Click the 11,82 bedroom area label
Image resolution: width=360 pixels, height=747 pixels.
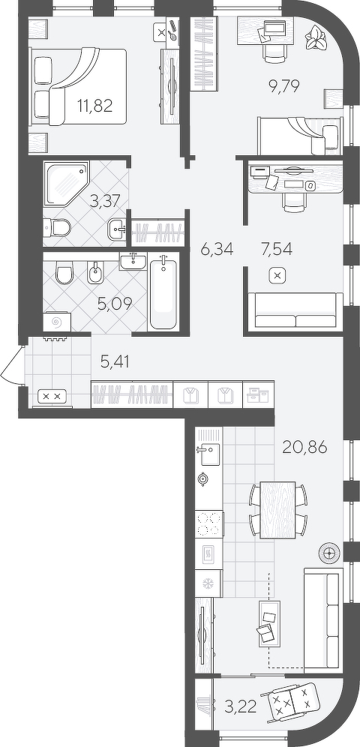94,105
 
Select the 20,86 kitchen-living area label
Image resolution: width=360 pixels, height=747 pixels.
304,447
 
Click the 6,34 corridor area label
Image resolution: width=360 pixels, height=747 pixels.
217,249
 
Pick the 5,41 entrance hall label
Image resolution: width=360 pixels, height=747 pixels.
115,361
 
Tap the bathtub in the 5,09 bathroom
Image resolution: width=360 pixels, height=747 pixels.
163,292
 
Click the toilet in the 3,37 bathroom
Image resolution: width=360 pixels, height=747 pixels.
58,227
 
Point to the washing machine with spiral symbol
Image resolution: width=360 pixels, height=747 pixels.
57,322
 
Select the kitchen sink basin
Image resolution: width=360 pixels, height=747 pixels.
209,454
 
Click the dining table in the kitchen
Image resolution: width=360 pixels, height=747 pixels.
278,510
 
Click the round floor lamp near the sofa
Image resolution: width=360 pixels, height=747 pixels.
329,553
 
